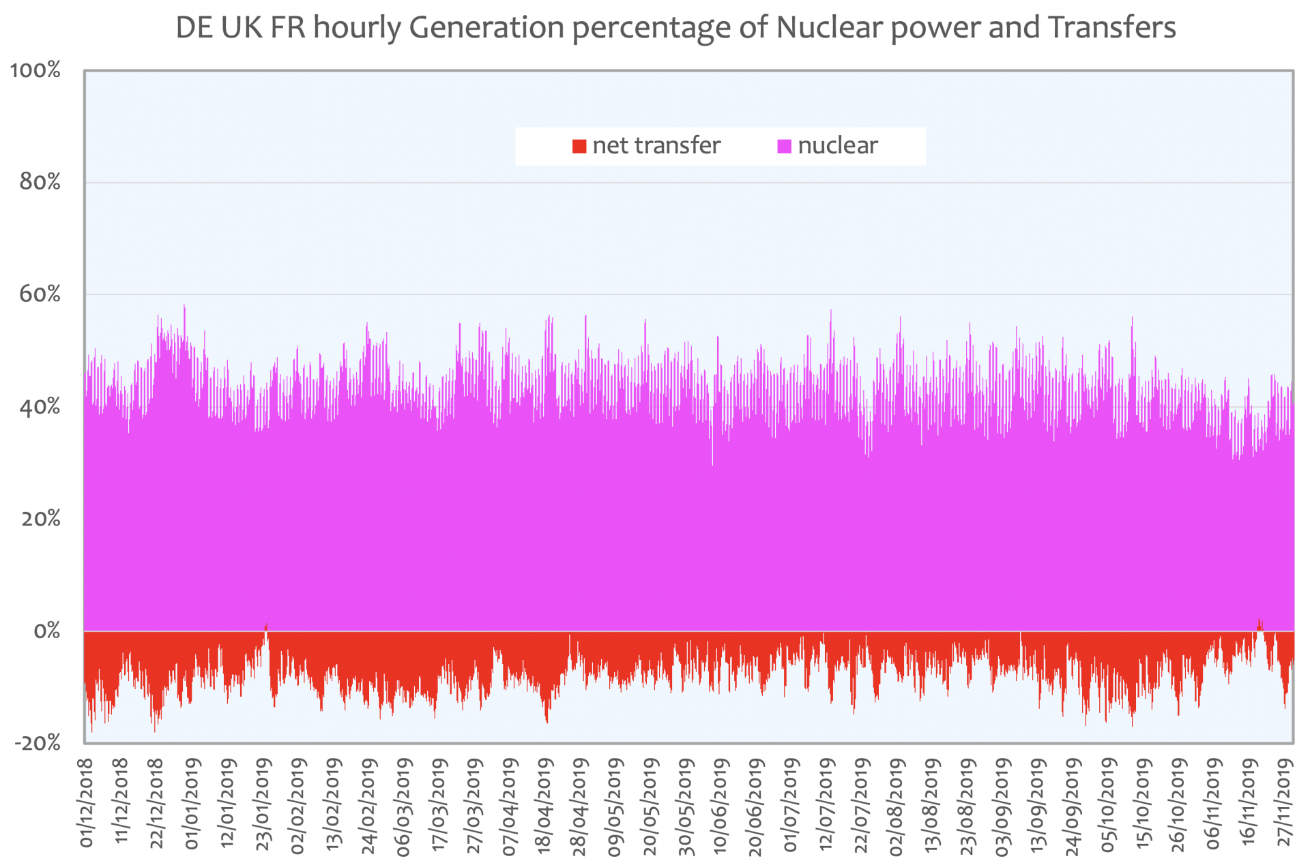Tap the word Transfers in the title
pos(1112,27)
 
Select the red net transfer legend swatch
pos(579,146)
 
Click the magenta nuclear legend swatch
pos(785,146)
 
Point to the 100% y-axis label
pos(35,70)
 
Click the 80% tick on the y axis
pos(40,182)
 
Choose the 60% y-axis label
pos(40,294)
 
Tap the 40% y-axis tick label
pos(40,407)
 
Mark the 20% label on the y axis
pos(40,519)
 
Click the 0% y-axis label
pos(47,631)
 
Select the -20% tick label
pos(38,743)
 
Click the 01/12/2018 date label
pos(86,803)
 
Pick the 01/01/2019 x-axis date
pos(192,803)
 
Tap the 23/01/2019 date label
pos(263,803)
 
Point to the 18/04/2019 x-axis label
pos(544,803)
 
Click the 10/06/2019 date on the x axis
pos(720,803)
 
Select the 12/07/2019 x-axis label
pos(826,803)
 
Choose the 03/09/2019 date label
pos(1002,803)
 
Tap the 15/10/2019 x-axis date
pos(1144,803)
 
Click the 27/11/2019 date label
pos(1285,803)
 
